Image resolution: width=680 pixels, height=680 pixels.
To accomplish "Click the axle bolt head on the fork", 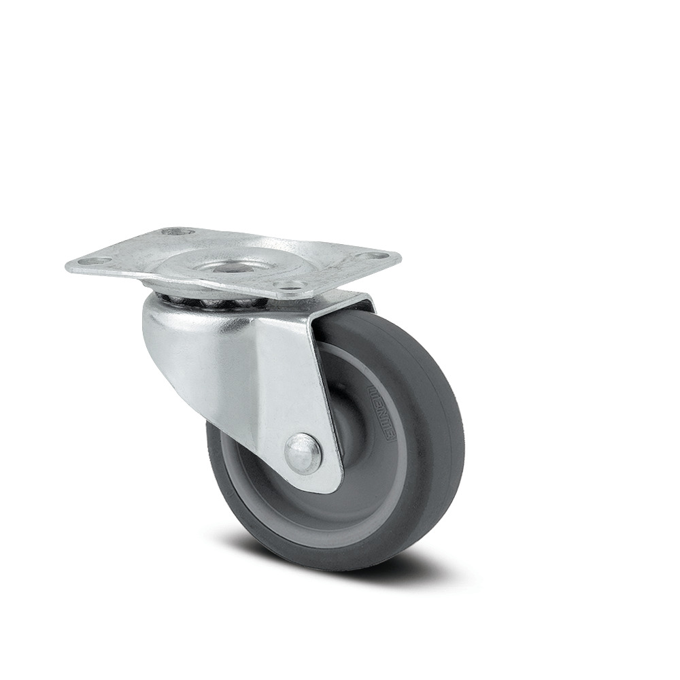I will [x=303, y=453].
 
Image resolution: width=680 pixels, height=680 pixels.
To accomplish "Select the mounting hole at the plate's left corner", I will [x=98, y=260].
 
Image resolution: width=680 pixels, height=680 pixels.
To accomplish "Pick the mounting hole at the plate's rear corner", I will [x=177, y=232].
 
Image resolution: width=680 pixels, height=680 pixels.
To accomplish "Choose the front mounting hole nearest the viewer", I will [x=290, y=286].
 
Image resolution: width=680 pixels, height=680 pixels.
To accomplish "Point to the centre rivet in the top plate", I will [x=224, y=267].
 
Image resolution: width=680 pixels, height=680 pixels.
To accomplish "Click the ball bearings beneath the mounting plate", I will [x=204, y=300].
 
